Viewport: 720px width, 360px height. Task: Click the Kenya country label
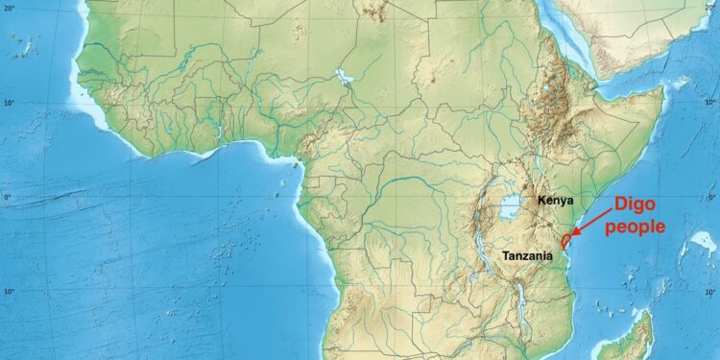pos(556,201)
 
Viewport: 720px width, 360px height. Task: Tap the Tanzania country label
pos(527,256)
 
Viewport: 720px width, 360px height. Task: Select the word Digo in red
pos(635,204)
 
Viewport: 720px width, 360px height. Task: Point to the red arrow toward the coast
pos(591,222)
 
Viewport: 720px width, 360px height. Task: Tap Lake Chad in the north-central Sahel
pos(343,76)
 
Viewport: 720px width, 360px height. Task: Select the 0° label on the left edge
pos(6,198)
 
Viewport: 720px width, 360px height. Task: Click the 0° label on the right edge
pos(711,198)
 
